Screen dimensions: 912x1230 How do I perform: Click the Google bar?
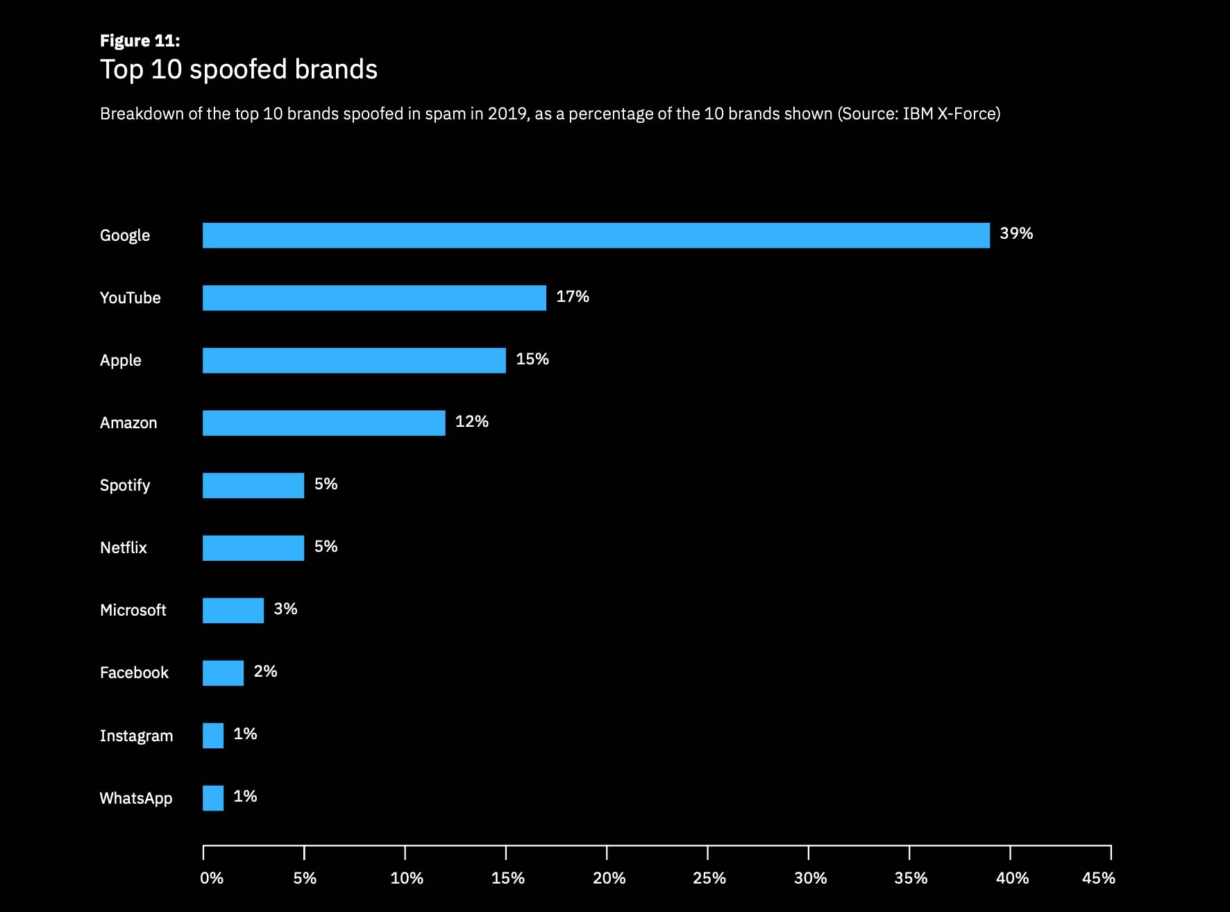point(596,235)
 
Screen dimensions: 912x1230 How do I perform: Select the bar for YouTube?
point(374,298)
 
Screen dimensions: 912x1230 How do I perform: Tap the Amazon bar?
point(323,423)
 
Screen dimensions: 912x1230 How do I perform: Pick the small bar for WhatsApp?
point(213,798)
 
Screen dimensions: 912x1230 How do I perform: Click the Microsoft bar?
point(233,611)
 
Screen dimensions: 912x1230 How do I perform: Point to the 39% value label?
point(1016,234)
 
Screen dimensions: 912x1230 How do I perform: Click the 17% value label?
point(573,297)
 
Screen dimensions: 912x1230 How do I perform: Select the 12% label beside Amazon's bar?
point(472,422)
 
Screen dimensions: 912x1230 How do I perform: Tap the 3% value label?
point(285,609)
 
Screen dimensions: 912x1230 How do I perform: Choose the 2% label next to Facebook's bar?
point(265,672)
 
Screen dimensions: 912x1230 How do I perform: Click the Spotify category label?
point(125,485)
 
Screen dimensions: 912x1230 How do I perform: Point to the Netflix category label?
point(124,548)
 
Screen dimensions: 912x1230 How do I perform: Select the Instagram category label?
point(136,736)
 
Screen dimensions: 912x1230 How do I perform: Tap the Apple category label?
point(121,360)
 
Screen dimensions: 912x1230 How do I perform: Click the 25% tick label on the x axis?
point(709,879)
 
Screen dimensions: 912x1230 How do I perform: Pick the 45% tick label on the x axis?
point(1098,879)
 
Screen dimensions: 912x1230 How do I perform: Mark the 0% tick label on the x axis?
point(212,879)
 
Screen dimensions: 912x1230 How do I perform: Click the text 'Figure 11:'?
point(140,41)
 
